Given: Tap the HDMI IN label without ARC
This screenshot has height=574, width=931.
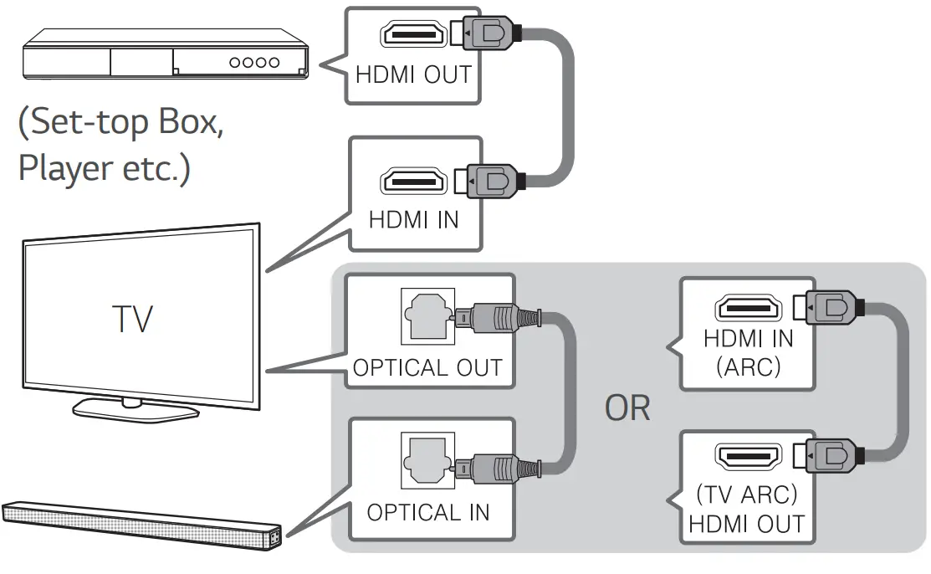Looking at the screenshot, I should tap(413, 219).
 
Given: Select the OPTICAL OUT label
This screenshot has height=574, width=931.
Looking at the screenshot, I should tap(427, 367).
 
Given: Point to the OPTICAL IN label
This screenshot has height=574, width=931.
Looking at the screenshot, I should tap(427, 512).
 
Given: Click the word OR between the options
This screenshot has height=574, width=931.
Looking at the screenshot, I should tap(627, 408).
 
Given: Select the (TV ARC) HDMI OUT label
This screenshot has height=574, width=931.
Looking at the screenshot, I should tap(748, 510).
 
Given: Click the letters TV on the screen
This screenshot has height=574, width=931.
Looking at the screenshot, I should tap(133, 319).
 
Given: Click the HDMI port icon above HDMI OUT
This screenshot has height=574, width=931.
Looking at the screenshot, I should tap(413, 34).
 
